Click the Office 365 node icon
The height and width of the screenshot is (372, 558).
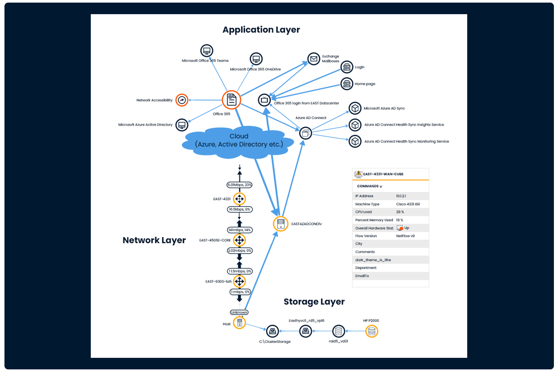click(x=231, y=100)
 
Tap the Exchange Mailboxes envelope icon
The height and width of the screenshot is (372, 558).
click(x=314, y=59)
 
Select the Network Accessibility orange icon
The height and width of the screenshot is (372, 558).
click(x=182, y=100)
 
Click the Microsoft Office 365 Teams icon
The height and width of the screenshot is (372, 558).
click(x=207, y=51)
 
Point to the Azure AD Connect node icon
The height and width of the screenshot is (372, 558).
click(x=305, y=133)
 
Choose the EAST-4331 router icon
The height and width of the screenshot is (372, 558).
click(x=240, y=199)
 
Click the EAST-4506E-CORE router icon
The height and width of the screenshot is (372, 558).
click(x=240, y=240)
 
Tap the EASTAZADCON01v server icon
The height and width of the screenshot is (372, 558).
click(x=280, y=224)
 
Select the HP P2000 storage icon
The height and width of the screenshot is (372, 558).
click(x=372, y=331)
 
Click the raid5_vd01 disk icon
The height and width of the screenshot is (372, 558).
click(x=339, y=331)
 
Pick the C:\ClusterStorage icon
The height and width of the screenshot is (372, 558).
click(x=272, y=331)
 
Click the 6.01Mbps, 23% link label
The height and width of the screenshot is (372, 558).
click(x=240, y=185)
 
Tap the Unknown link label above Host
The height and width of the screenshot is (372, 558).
click(x=239, y=312)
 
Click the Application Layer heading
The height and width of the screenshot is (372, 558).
click(x=261, y=30)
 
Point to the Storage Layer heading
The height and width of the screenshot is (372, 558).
click(x=314, y=302)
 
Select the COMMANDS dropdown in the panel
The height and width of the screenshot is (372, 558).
click(x=369, y=186)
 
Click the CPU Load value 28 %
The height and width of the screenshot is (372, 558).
click(x=400, y=212)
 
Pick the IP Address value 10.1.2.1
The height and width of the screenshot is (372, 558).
click(x=401, y=196)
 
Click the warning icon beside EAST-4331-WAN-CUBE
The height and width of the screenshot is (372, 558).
click(x=358, y=174)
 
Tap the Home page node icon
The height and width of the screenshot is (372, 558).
click(x=347, y=84)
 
